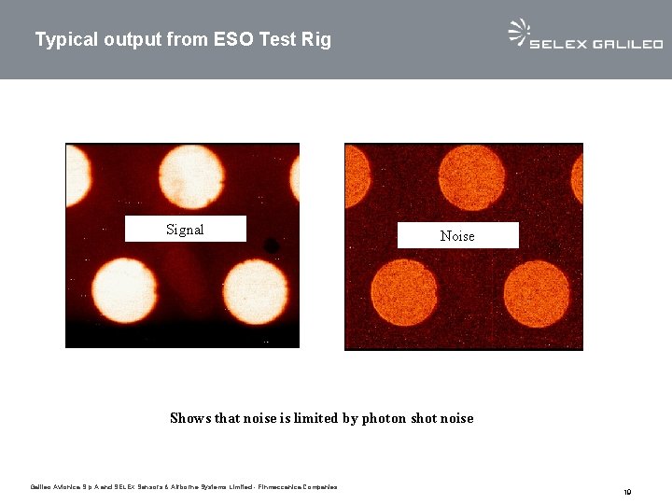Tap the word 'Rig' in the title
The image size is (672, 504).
tap(316, 40)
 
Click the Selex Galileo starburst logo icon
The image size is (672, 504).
tap(518, 32)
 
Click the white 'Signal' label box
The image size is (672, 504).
tap(185, 230)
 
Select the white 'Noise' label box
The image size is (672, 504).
tap(457, 236)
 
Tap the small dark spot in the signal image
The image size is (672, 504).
tap(271, 245)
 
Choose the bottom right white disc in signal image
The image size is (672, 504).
tap(255, 291)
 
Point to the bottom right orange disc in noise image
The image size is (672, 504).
tap(537, 293)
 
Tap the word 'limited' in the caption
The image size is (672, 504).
tap(315, 419)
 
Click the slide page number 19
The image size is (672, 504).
tap(628, 492)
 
